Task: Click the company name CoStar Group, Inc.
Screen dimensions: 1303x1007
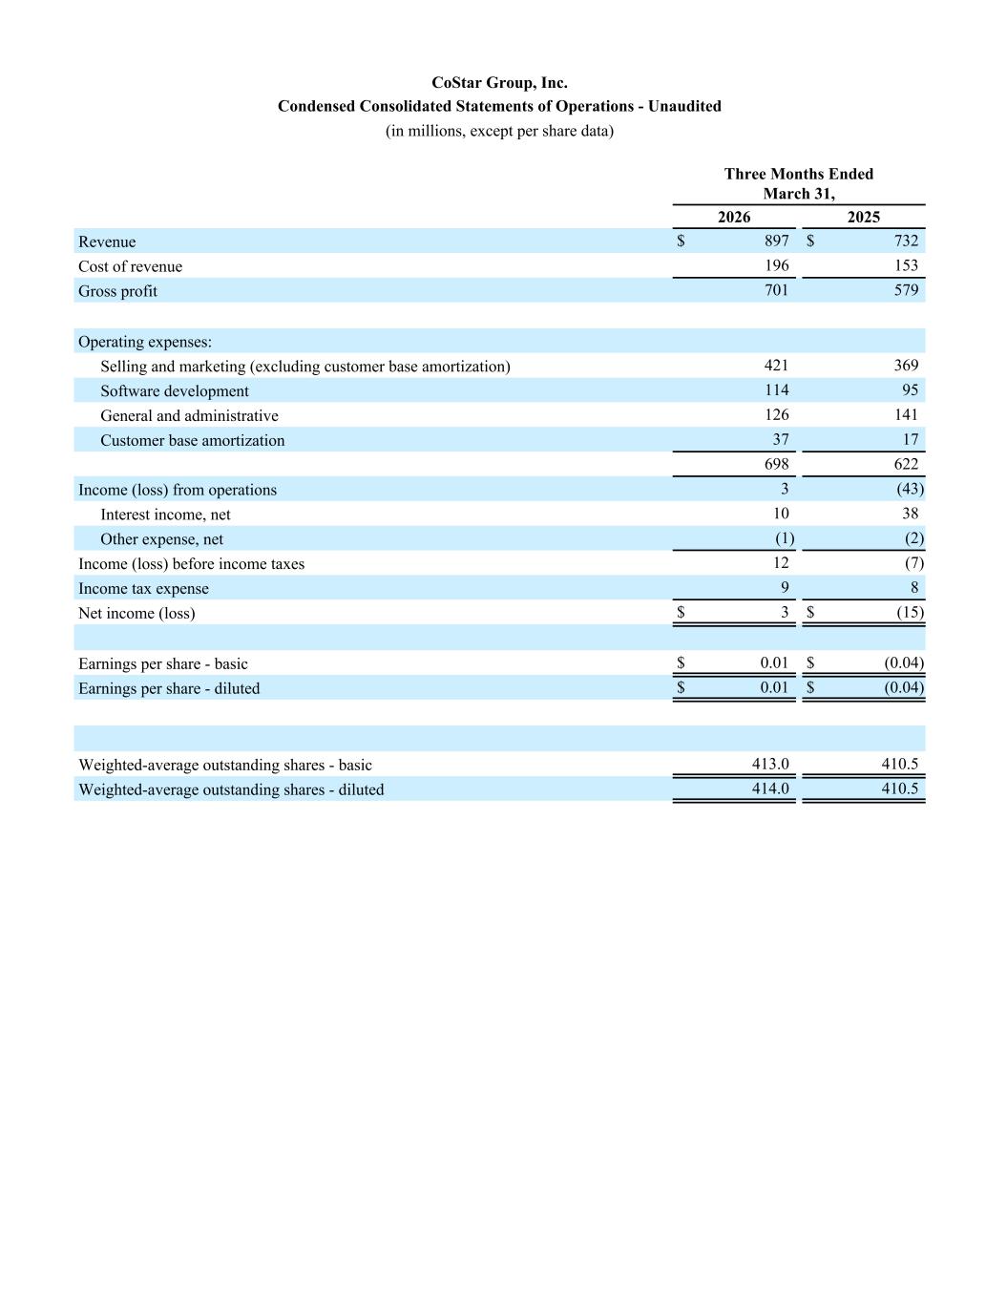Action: (x=499, y=83)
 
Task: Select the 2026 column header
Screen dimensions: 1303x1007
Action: (x=733, y=218)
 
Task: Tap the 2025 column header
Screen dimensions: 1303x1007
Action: (x=863, y=218)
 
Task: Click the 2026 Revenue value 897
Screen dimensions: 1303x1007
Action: (x=776, y=242)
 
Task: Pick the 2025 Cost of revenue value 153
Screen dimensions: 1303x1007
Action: (x=906, y=266)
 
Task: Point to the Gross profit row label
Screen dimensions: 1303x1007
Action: (x=117, y=291)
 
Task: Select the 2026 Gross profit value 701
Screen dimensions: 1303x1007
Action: (x=776, y=290)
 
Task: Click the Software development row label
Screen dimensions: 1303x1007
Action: (x=174, y=391)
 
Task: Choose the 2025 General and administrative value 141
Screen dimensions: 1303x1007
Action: (x=906, y=415)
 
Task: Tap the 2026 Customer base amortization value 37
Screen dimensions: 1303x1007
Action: (x=780, y=439)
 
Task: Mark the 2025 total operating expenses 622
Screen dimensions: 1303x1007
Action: (x=906, y=464)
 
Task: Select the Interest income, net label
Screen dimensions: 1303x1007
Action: (x=165, y=515)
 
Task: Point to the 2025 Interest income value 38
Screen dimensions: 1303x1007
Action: (x=910, y=514)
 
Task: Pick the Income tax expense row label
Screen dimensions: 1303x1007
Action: (x=143, y=589)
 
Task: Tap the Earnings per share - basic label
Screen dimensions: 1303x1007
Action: (x=162, y=664)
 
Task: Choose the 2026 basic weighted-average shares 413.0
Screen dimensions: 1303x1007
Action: (x=770, y=765)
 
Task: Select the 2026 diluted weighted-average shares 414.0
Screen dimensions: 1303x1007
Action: (x=770, y=789)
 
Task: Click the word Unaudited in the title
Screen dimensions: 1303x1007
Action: (x=684, y=107)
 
